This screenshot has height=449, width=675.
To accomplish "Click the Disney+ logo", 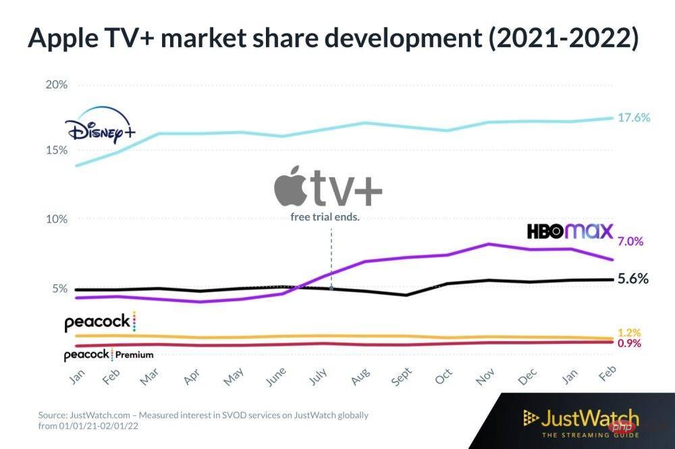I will pyautogui.click(x=100, y=128).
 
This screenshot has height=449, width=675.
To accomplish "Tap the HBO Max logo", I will pyautogui.click(x=570, y=232).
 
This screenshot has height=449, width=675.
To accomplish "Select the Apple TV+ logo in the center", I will pyautogui.click(x=328, y=189).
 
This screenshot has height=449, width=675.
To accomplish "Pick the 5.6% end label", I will pyautogui.click(x=632, y=278).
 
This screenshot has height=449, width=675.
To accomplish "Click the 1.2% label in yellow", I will pyautogui.click(x=628, y=333).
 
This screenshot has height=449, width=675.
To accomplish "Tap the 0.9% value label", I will pyautogui.click(x=628, y=343).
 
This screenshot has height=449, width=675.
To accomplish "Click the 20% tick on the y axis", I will pyautogui.click(x=57, y=85).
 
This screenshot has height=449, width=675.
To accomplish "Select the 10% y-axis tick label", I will pyautogui.click(x=57, y=219).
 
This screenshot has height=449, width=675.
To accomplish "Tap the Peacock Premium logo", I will pyautogui.click(x=109, y=355).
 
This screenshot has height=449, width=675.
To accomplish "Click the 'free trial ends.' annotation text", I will pyautogui.click(x=324, y=217).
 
